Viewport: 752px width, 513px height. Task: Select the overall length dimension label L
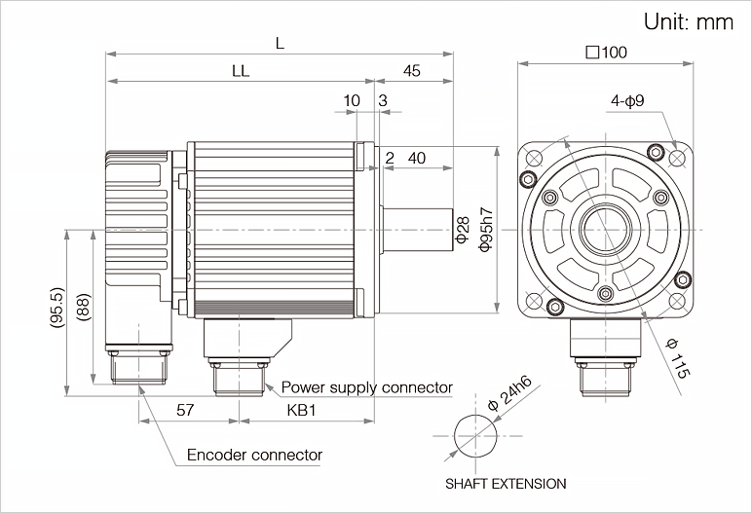281,43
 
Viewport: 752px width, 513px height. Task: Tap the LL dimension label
240,70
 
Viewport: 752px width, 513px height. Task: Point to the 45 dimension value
411,70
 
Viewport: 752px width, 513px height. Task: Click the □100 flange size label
606,52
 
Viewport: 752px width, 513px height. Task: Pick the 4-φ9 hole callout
628,100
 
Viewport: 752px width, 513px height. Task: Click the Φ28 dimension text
463,231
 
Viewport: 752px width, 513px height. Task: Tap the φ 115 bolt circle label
678,358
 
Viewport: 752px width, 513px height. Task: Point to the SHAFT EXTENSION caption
506,483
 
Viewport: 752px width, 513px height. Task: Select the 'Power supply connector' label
367,387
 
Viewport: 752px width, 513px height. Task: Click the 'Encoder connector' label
254,455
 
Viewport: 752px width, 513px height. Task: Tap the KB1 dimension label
302,411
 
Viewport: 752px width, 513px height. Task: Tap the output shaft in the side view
417,231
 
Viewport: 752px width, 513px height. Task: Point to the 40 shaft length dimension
416,158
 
